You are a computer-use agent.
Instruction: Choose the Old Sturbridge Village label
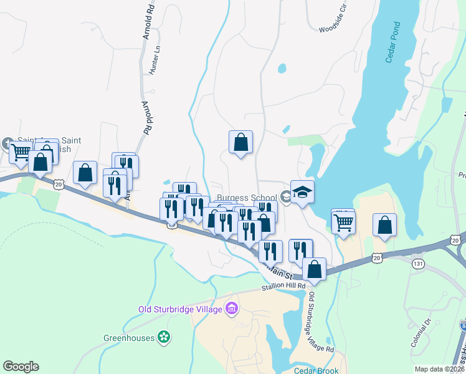(181, 309)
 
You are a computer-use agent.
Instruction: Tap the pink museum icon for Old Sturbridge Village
(232, 308)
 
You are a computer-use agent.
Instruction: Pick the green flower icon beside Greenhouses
(164, 338)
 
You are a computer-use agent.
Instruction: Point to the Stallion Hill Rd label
(283, 286)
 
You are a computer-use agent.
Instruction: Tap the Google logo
(21, 367)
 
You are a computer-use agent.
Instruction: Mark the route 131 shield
(417, 264)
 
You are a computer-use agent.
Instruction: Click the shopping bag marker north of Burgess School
(240, 143)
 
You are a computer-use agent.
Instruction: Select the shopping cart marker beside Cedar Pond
(344, 221)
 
